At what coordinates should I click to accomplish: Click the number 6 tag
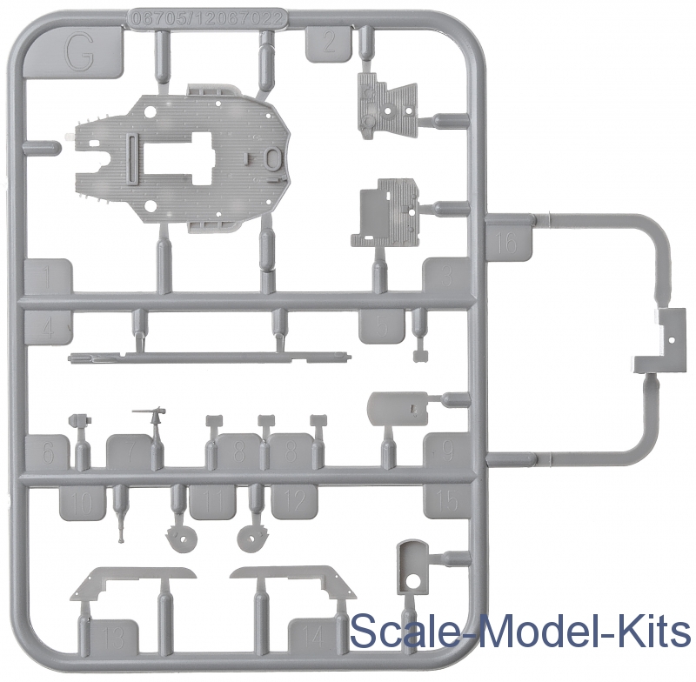click(x=49, y=451)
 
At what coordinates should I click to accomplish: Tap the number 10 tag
click(x=82, y=502)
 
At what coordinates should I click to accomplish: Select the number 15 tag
click(x=446, y=501)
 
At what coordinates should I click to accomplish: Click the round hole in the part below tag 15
click(x=415, y=578)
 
